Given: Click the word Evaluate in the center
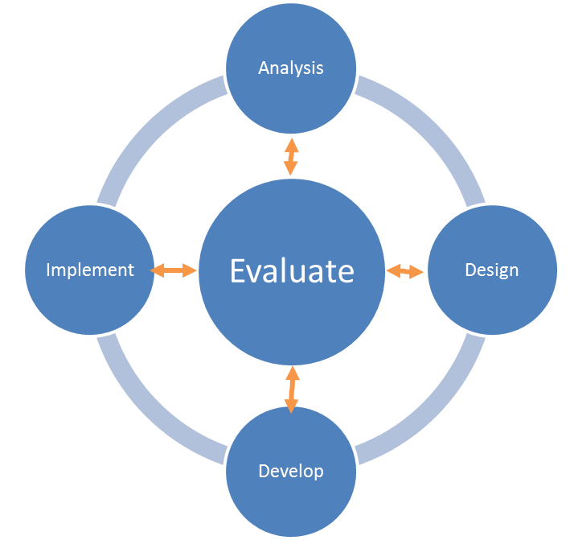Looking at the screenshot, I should coord(291,271).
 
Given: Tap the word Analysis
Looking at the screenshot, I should coord(291,68).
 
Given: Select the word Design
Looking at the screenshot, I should coord(491,270).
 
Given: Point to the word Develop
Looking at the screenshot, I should coord(291,471).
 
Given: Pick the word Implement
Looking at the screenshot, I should coord(90,270).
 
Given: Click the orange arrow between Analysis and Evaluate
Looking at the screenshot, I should coord(291,157).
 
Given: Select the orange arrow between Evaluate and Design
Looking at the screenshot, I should coord(405,271).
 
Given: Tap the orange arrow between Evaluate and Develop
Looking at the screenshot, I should coord(291,390).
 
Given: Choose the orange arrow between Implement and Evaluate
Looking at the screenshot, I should coord(173,271).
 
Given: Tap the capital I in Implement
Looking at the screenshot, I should coord(49,270).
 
